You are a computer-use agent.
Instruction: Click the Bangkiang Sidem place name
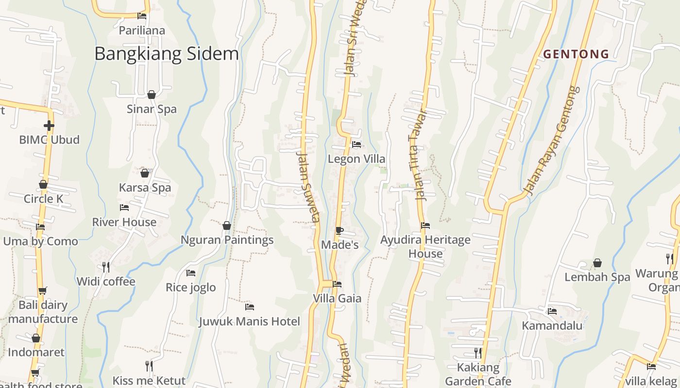166,53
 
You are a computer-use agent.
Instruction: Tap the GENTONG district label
576,54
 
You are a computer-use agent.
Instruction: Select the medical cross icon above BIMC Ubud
49,126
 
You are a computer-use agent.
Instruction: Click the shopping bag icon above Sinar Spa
152,95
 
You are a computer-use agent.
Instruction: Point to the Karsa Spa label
145,188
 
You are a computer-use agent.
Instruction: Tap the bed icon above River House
124,208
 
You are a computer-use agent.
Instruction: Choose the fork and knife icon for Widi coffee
105,267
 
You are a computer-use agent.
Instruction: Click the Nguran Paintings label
227,240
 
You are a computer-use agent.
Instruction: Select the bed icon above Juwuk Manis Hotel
250,307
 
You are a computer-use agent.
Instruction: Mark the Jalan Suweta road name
308,187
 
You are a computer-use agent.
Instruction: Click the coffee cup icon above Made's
340,230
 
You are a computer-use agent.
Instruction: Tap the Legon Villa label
357,159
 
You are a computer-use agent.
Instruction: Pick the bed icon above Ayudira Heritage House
425,225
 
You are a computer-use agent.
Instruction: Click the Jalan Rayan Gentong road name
553,141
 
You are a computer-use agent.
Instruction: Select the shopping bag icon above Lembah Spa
597,263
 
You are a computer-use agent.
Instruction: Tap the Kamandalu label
552,325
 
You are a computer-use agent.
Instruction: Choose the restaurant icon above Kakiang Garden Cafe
478,353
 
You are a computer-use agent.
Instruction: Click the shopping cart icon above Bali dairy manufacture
43,291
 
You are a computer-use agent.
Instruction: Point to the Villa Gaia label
337,298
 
